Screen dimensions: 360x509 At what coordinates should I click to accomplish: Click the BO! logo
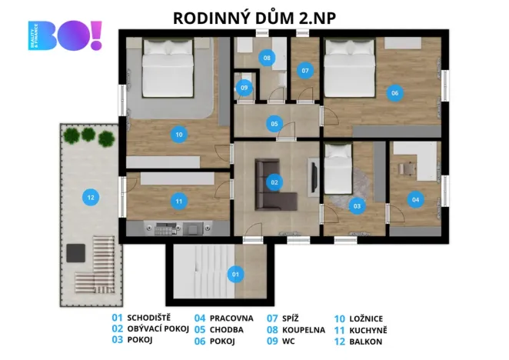point(65,36)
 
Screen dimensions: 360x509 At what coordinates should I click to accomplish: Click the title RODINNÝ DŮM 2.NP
point(254,16)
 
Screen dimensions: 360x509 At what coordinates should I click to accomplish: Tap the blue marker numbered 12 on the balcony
point(91,198)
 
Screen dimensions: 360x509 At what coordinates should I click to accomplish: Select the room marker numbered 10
point(178,135)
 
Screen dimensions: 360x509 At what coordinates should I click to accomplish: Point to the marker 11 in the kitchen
point(178,202)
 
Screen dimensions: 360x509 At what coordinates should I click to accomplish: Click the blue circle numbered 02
point(274,183)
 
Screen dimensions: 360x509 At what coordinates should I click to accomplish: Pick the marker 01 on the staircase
point(236,272)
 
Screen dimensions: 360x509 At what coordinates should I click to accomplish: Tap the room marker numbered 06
point(394,93)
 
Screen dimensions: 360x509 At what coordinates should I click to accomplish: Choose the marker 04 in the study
point(416,200)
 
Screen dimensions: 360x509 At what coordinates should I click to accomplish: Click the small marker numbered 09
point(245,88)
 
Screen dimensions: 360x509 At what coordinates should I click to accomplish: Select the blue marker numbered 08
point(267,58)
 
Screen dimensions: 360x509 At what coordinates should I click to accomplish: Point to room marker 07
point(305,71)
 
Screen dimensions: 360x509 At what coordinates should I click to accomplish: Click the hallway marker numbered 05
point(274,123)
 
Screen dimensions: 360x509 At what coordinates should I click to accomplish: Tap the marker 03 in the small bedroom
point(356,205)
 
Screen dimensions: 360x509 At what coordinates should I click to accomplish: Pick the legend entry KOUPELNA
point(306,329)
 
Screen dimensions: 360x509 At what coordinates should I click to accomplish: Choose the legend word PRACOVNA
point(231,317)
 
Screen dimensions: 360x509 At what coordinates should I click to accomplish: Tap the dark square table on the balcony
point(75,253)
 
